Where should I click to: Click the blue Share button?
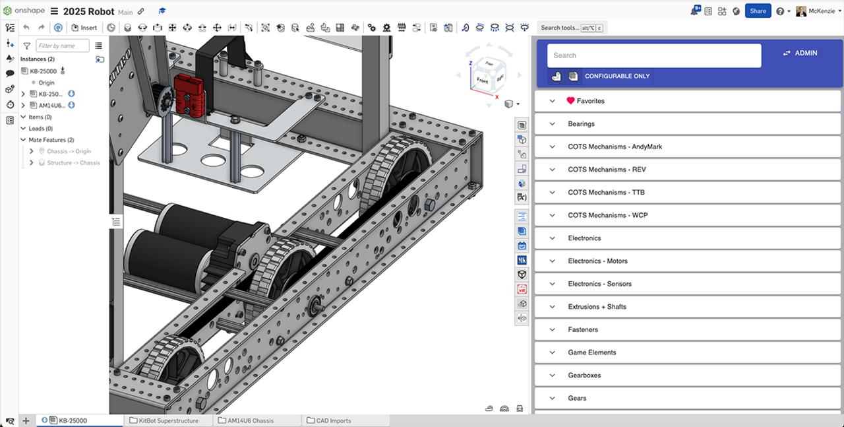pyautogui.click(x=758, y=11)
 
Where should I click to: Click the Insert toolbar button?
pyautogui.click(x=84, y=28)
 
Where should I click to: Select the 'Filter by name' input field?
pyautogui.click(x=63, y=46)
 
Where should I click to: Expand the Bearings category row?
pyautogui.click(x=581, y=124)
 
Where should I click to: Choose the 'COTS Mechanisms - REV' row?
pyautogui.click(x=607, y=170)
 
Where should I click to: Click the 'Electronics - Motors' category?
pyautogui.click(x=597, y=261)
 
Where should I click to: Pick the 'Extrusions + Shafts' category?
pyautogui.click(x=597, y=307)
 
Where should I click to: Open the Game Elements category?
pyautogui.click(x=591, y=352)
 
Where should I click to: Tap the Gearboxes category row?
pyautogui.click(x=584, y=376)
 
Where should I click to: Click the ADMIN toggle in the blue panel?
pyautogui.click(x=800, y=53)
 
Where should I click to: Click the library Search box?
pyautogui.click(x=653, y=55)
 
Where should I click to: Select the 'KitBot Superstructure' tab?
pyautogui.click(x=168, y=420)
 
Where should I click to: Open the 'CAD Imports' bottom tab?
pyautogui.click(x=333, y=420)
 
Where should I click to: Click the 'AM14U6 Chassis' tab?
pyautogui.click(x=250, y=420)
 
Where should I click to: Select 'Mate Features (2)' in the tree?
pyautogui.click(x=51, y=140)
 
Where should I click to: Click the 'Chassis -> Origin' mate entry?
pyautogui.click(x=69, y=151)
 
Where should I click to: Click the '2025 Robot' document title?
pyautogui.click(x=88, y=11)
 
